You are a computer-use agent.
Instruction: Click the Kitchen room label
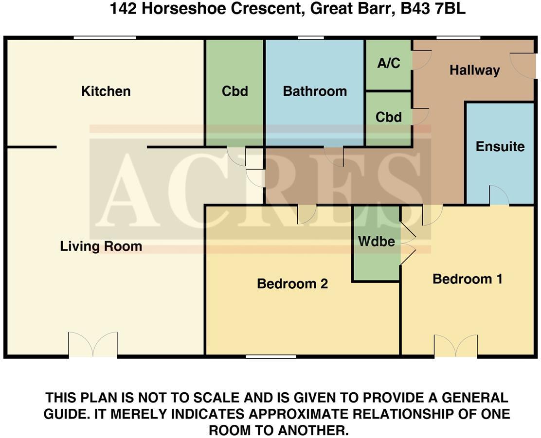click(x=106, y=91)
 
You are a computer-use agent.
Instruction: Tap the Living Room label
click(x=101, y=246)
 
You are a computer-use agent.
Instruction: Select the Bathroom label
click(x=315, y=91)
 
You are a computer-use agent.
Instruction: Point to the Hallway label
click(x=474, y=70)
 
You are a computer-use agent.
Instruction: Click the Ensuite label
click(x=500, y=147)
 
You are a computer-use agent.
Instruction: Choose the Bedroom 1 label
click(x=467, y=279)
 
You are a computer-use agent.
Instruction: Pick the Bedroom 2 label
click(x=292, y=284)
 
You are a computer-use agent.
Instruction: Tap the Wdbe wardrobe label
click(x=376, y=241)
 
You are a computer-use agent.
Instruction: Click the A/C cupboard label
click(x=389, y=64)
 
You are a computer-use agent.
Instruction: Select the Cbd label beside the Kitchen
click(x=234, y=91)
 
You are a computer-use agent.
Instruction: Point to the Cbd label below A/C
click(x=389, y=117)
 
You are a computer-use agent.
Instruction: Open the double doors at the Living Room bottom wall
click(x=93, y=345)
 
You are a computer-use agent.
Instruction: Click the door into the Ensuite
click(x=499, y=196)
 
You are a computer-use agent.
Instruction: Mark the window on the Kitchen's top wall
click(x=105, y=37)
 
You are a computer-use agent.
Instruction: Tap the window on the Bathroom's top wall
click(x=311, y=37)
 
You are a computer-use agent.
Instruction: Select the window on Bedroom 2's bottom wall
click(x=270, y=357)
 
